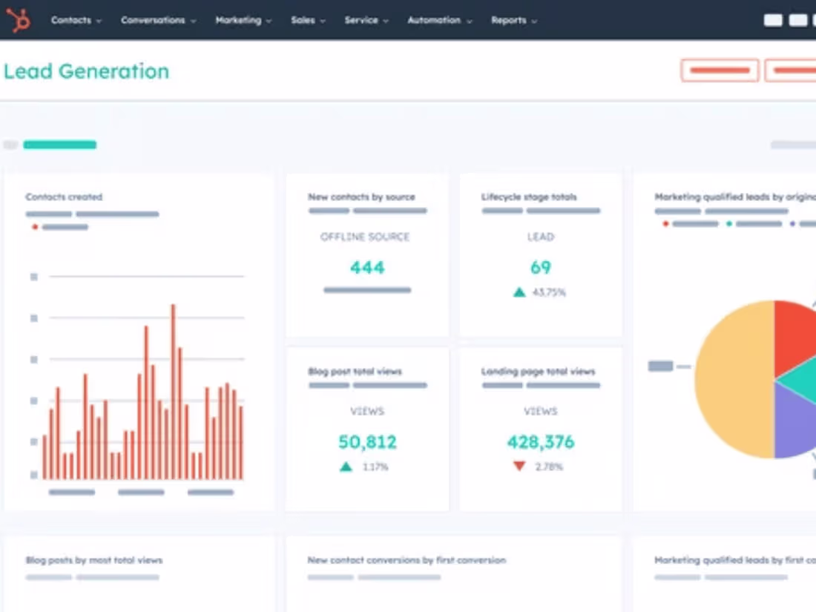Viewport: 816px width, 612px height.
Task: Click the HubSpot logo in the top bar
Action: pyautogui.click(x=19, y=20)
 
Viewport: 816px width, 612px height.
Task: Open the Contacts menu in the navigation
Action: pyautogui.click(x=76, y=21)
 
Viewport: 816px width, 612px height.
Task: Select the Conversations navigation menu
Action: pyautogui.click(x=158, y=21)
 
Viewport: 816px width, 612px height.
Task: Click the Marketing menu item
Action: pyautogui.click(x=243, y=21)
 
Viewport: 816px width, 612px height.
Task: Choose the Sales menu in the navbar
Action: pyautogui.click(x=307, y=21)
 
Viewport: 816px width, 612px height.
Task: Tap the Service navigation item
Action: pyautogui.click(x=366, y=21)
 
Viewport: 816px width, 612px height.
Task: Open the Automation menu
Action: pyautogui.click(x=439, y=21)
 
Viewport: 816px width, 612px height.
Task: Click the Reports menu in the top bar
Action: pyautogui.click(x=513, y=21)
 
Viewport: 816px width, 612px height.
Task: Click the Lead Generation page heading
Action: pyautogui.click(x=86, y=71)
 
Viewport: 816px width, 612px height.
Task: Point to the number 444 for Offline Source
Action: pyautogui.click(x=367, y=267)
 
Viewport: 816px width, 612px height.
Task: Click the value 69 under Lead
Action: pyautogui.click(x=541, y=267)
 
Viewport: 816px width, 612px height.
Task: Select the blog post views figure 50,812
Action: pyautogui.click(x=367, y=442)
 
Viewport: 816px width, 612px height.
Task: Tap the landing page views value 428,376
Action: pyautogui.click(x=541, y=442)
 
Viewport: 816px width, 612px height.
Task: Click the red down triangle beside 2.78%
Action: pyautogui.click(x=519, y=466)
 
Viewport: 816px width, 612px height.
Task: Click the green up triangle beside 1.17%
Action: pyautogui.click(x=346, y=467)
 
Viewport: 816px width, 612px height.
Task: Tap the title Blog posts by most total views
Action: pyautogui.click(x=94, y=560)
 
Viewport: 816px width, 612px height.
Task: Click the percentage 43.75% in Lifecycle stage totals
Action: pyautogui.click(x=549, y=292)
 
